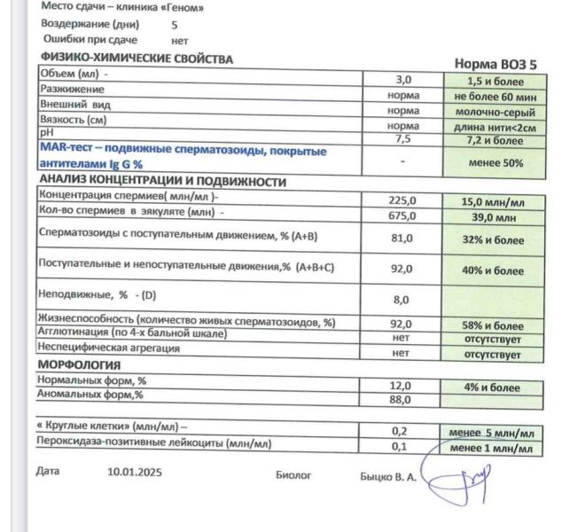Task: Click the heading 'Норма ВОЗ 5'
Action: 496,64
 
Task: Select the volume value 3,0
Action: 403,80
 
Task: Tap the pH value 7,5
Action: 403,139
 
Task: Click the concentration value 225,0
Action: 403,200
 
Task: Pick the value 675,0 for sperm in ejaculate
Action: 403,215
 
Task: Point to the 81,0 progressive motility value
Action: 402,239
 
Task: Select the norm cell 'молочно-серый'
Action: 495,113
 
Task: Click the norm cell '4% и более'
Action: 492,387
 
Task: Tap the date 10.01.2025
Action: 135,473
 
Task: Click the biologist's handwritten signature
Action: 457,479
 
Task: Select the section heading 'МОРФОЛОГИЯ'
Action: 79,364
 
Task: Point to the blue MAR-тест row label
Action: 182,157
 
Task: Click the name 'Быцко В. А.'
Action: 387,476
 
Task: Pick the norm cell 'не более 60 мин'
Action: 495,97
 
